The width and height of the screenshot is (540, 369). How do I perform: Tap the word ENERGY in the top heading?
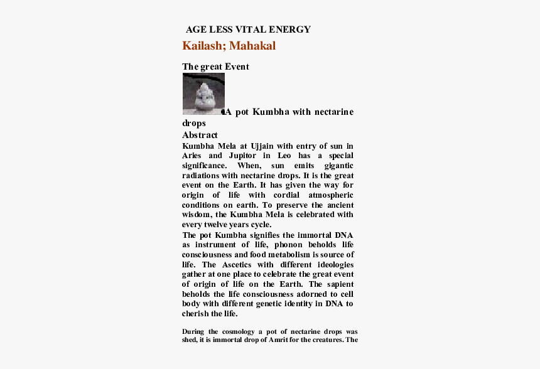[x=289, y=29]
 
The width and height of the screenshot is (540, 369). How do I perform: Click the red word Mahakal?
[x=252, y=46]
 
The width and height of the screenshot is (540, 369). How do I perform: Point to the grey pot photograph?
[x=203, y=94]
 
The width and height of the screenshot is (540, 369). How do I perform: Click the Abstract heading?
[x=200, y=135]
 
